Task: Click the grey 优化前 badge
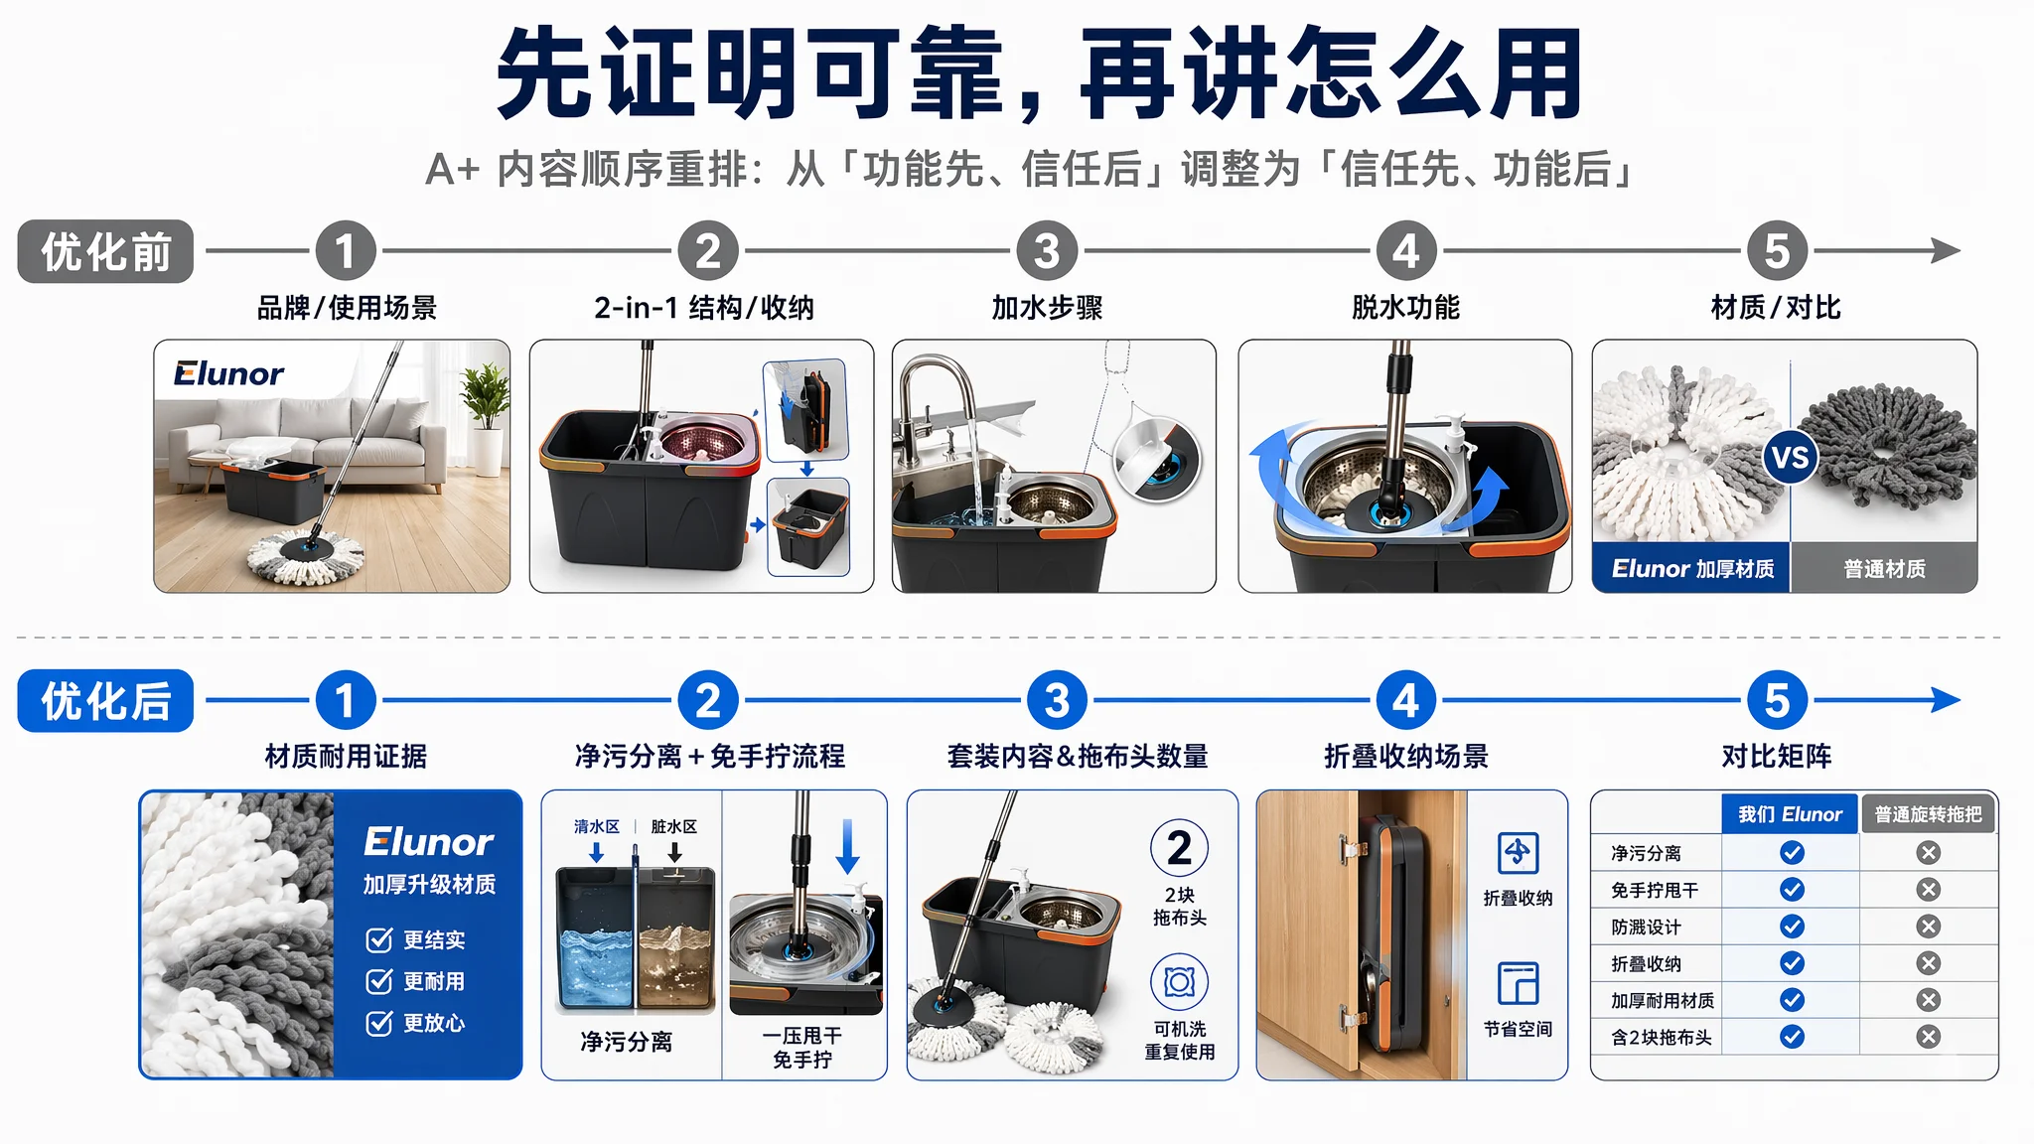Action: [x=105, y=251]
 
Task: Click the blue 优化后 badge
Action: [x=105, y=701]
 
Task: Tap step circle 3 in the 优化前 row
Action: [x=1047, y=251]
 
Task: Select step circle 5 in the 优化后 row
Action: [x=1777, y=701]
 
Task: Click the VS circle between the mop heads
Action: [x=1790, y=458]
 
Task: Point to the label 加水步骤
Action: [x=1047, y=308]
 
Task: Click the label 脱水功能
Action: [x=1405, y=308]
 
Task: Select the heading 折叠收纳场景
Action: [x=1405, y=757]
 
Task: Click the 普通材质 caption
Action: [x=1884, y=569]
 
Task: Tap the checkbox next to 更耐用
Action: [x=378, y=982]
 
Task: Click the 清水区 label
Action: [x=596, y=826]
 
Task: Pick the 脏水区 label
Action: [x=673, y=826]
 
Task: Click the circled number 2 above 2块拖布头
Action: [x=1179, y=848]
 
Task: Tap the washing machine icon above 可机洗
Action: [x=1179, y=982]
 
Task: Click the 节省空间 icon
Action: [x=1518, y=984]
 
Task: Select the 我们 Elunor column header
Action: [x=1790, y=814]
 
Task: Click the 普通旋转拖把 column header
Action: [x=1928, y=814]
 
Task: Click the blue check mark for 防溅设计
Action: [x=1792, y=927]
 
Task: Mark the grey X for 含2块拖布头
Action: [x=1928, y=1037]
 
